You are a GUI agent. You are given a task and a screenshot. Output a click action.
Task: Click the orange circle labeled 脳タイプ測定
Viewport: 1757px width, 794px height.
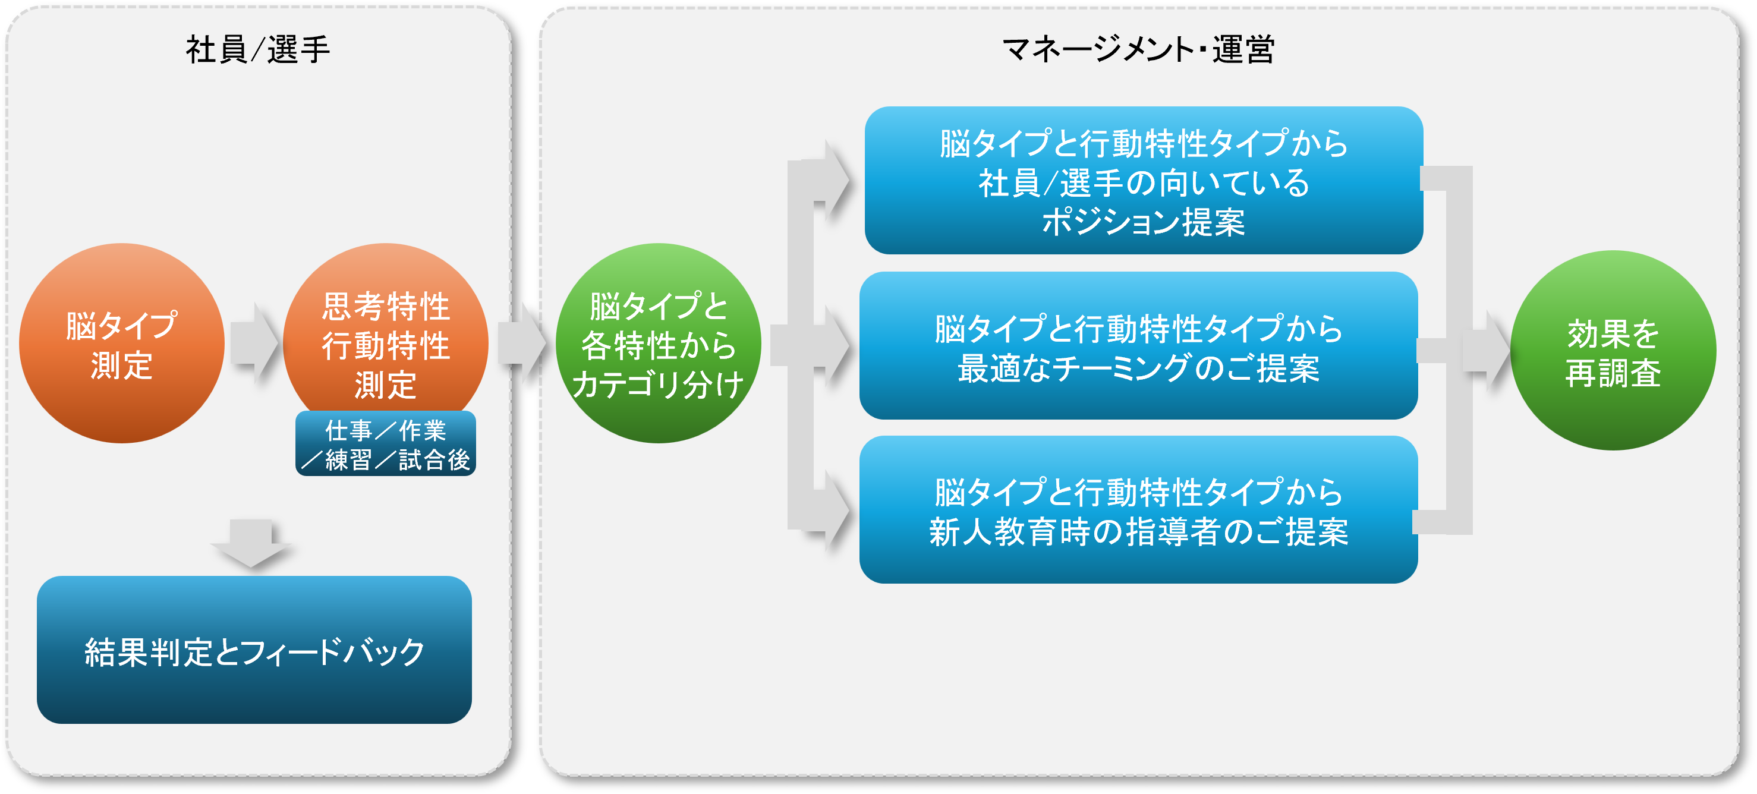pos(121,343)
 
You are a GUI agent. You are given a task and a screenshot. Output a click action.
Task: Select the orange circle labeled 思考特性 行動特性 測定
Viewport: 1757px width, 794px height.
pos(385,327)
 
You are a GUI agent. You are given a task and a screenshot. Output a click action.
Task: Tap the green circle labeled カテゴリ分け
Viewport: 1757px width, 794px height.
pos(658,343)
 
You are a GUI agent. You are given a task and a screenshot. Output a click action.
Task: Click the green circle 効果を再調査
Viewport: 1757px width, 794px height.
pos(1613,351)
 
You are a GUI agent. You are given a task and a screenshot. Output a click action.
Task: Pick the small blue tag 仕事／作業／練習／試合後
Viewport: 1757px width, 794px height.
pos(385,444)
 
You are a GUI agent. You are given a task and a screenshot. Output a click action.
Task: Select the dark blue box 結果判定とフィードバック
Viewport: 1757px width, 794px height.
pos(254,650)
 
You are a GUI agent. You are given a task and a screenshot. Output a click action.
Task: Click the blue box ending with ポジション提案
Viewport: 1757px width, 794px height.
pos(1143,181)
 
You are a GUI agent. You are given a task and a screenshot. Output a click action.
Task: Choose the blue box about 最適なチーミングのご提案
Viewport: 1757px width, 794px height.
pos(1138,346)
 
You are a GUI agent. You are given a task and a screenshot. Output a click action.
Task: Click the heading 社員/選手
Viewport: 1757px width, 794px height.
pos(257,50)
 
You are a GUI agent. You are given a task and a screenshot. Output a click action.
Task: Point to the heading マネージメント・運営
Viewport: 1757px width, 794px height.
pos(1138,50)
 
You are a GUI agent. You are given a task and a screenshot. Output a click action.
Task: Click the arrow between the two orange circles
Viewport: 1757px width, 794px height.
pos(254,343)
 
